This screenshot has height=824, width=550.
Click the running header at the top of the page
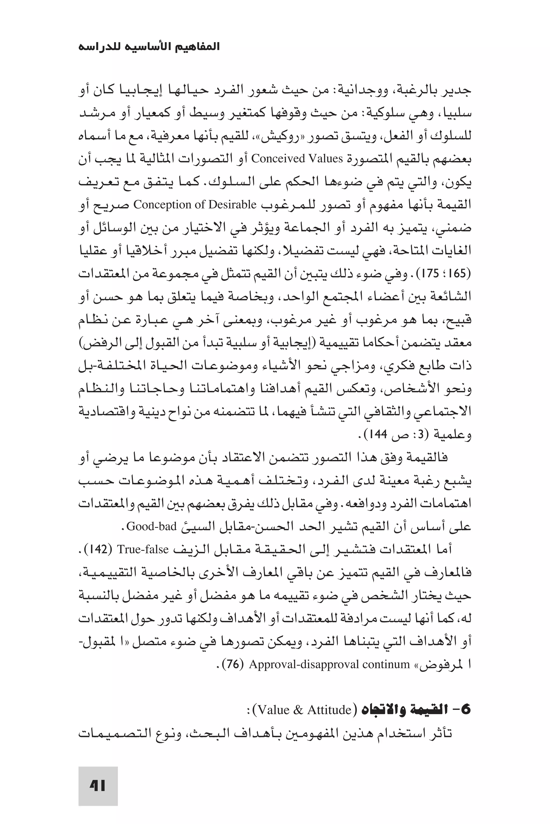[149, 47]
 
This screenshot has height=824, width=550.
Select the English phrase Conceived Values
[297, 159]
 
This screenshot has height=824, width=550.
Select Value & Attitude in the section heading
[304, 710]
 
